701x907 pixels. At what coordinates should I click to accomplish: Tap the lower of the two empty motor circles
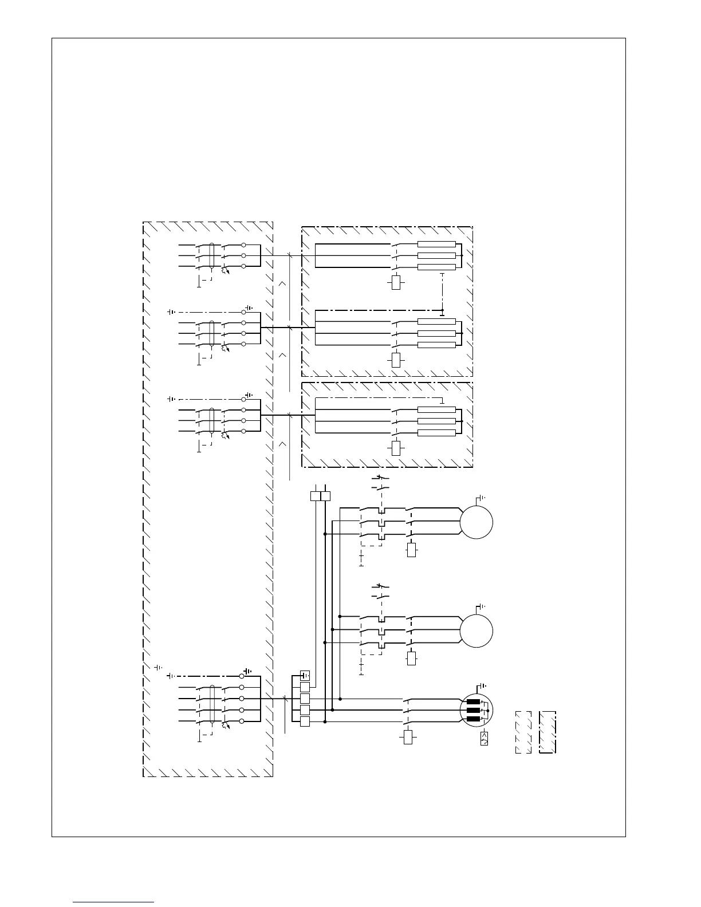(476, 630)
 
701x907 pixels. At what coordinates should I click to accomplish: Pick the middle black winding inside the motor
(473, 710)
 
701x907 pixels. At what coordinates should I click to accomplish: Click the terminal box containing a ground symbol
(305, 676)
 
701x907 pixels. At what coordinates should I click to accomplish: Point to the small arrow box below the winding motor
(484, 738)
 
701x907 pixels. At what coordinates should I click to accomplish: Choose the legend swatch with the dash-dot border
(548, 732)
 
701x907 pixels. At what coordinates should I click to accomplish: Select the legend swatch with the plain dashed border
(523, 732)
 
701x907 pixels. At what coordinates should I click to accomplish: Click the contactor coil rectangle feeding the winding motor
(408, 736)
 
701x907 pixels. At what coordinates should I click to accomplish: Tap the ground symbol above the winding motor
(482, 685)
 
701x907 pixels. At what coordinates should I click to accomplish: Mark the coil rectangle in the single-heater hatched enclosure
(396, 447)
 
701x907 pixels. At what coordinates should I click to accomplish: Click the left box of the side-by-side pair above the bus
(316, 496)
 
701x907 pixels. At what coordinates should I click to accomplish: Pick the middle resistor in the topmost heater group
(436, 256)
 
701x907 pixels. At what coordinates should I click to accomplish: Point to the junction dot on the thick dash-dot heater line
(442, 310)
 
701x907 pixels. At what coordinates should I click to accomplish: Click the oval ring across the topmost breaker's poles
(212, 256)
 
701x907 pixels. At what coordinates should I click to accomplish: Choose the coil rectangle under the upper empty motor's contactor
(411, 550)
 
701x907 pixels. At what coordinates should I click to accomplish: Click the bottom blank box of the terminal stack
(305, 721)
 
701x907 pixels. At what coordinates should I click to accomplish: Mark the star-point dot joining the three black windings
(487, 710)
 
